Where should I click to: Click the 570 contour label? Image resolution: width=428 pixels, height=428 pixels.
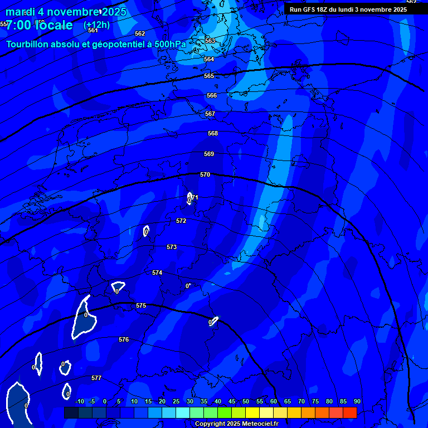[x=205, y=174]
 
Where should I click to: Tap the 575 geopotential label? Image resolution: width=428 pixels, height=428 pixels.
[x=141, y=305]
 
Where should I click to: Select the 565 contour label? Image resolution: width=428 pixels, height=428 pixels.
[x=209, y=76]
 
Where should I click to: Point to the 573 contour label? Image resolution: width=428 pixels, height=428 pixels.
[x=172, y=247]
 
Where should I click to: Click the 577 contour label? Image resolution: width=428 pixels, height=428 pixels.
[x=96, y=378]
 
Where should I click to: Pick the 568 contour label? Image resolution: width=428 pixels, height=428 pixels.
[x=213, y=133]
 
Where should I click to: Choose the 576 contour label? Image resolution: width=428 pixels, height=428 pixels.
[x=124, y=339]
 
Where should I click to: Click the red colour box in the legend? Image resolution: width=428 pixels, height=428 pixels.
[x=349, y=412]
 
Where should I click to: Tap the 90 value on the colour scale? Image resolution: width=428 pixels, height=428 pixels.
[x=357, y=401]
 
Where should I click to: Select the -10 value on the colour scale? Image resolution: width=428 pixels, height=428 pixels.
[x=80, y=401]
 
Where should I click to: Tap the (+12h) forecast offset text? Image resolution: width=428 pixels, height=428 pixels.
[x=96, y=25]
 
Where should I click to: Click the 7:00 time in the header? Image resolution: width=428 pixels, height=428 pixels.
[x=18, y=25]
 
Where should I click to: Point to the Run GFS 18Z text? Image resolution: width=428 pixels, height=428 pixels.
[x=313, y=9]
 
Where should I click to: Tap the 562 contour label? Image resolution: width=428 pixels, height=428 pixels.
[x=140, y=33]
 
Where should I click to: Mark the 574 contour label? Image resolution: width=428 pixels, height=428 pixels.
[x=157, y=273]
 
